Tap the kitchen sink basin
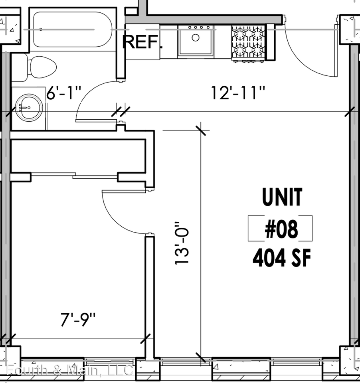click(x=195, y=40)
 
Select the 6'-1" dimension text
click(x=63, y=95)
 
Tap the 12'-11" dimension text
click(x=238, y=95)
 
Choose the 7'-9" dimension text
click(x=78, y=320)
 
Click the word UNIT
click(x=282, y=197)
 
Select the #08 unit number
click(x=281, y=229)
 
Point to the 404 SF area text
click(x=281, y=259)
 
